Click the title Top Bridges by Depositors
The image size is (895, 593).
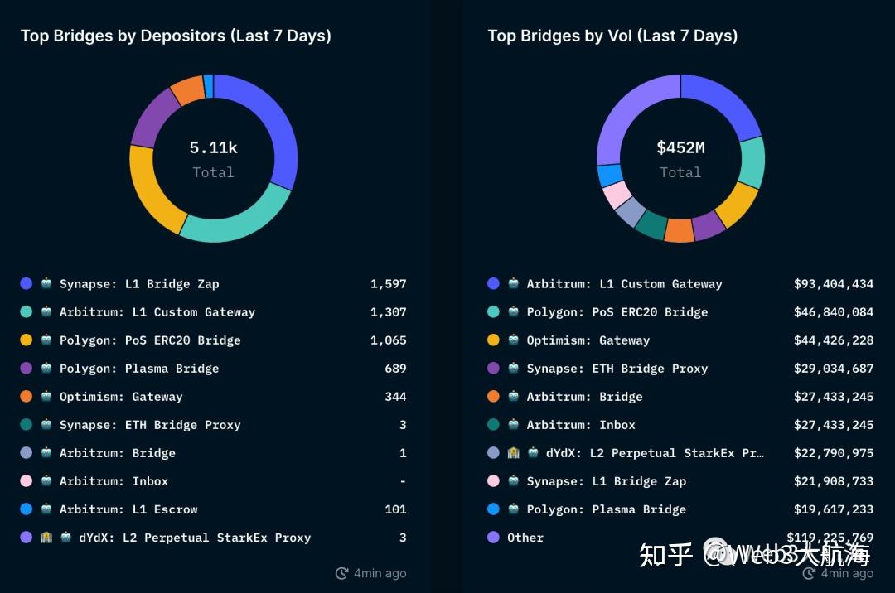click(176, 36)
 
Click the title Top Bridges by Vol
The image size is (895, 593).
click(612, 36)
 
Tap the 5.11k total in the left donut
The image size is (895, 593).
click(213, 148)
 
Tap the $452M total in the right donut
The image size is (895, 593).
click(680, 148)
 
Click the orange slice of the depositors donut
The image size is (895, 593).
click(188, 89)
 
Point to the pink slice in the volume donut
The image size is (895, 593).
click(616, 195)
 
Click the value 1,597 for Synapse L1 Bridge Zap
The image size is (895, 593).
click(388, 284)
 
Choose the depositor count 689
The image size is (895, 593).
click(395, 369)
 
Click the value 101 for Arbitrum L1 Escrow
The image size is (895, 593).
click(395, 509)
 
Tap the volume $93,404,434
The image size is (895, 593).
click(833, 284)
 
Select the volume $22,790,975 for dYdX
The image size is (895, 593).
click(833, 453)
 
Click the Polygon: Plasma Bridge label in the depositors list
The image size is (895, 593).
click(139, 369)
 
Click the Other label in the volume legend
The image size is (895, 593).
click(525, 538)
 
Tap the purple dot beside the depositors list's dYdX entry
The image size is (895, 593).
click(27, 538)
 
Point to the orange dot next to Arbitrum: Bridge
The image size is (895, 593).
click(494, 397)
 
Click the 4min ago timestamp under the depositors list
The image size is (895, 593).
click(380, 573)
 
